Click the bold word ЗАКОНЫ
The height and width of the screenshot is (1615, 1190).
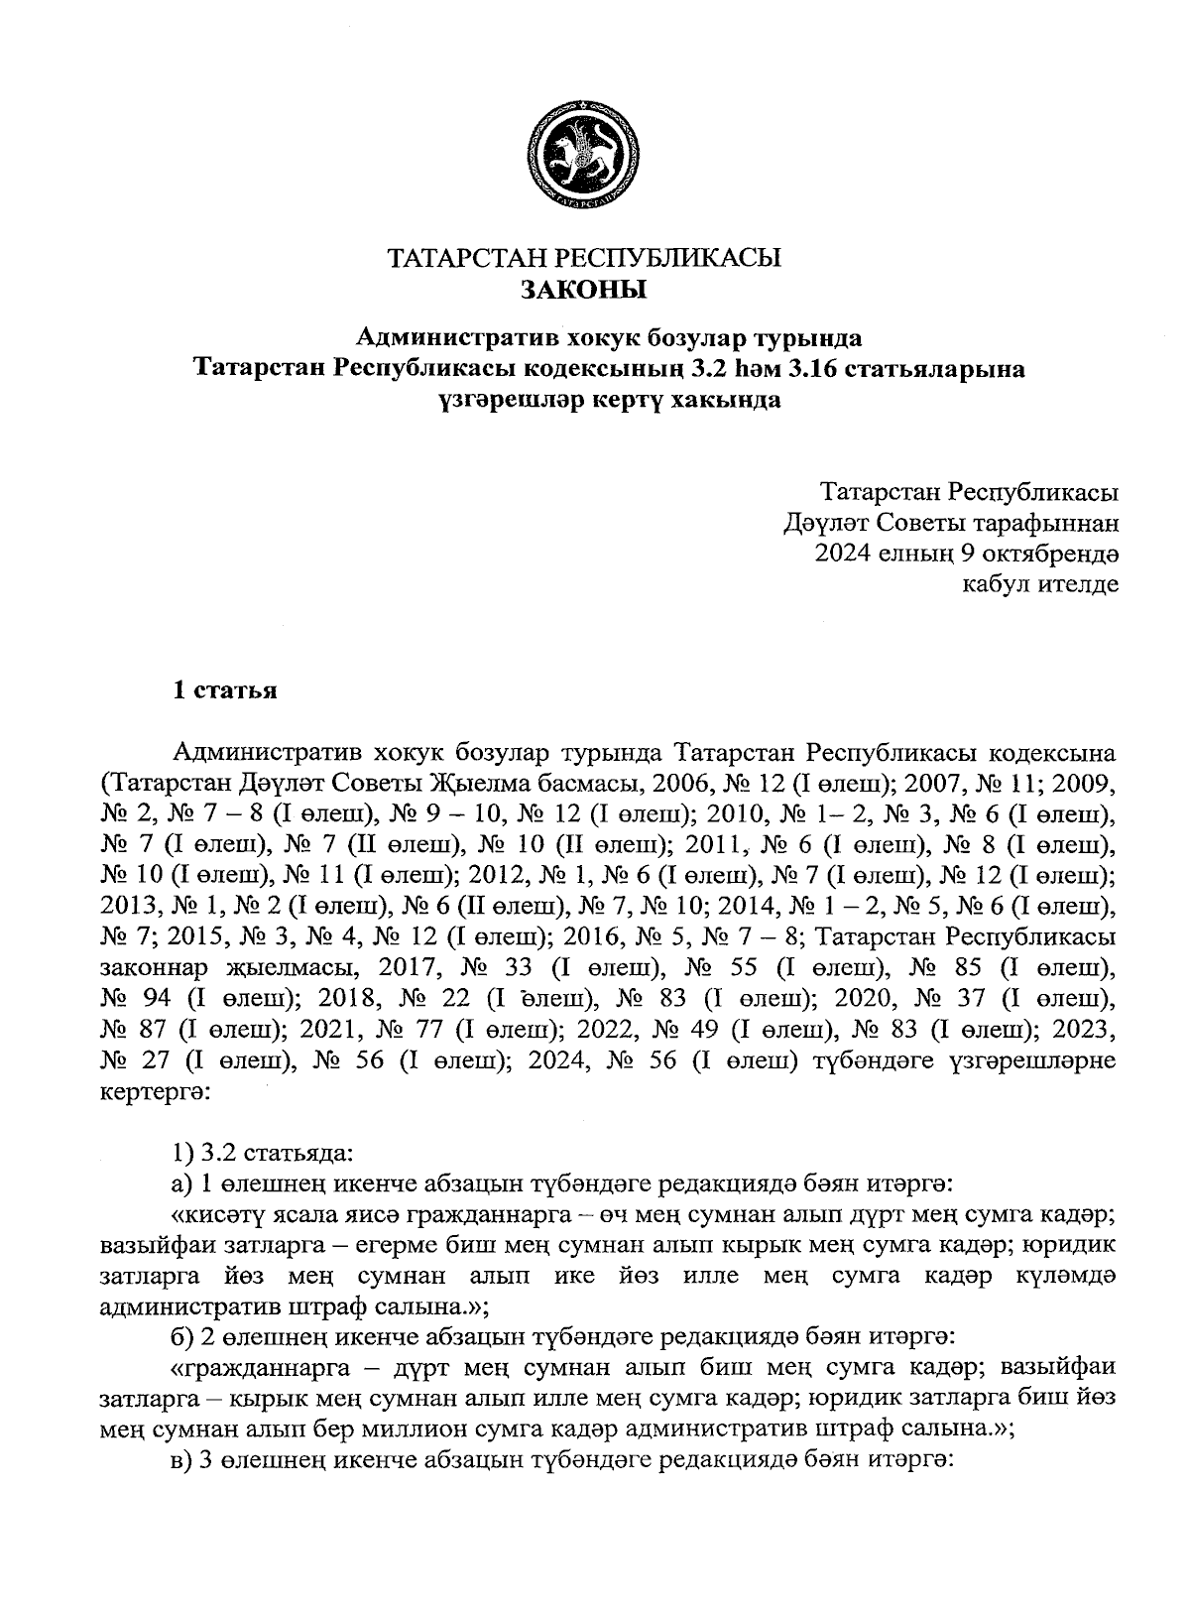tap(583, 291)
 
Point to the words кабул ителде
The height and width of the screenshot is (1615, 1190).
tap(1041, 583)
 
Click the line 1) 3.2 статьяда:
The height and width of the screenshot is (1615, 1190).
tap(261, 1154)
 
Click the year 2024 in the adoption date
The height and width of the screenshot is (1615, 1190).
tap(843, 553)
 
